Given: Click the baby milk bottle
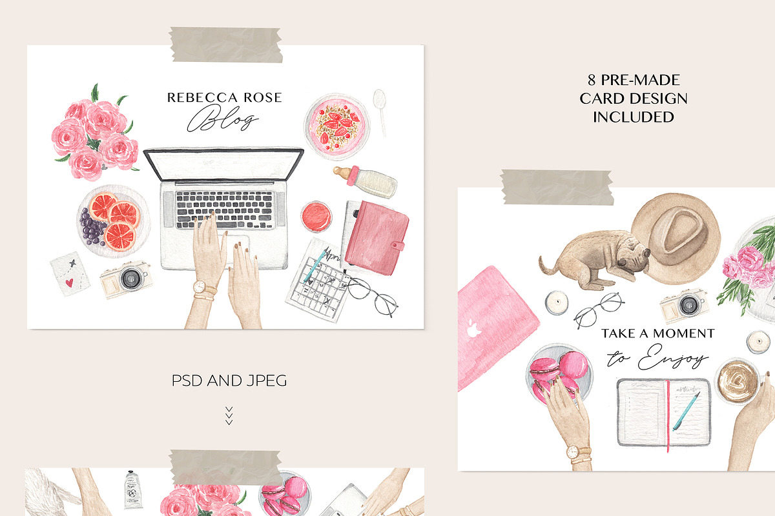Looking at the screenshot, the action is click(x=365, y=181).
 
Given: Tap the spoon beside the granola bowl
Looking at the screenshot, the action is click(x=380, y=112).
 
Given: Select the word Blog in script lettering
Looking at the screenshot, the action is click(x=223, y=118).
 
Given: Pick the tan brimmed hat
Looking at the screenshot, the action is click(x=676, y=239).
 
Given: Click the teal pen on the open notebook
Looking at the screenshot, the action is click(x=686, y=412).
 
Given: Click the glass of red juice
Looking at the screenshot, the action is click(x=316, y=216).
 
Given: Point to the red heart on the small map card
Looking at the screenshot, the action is click(x=70, y=283).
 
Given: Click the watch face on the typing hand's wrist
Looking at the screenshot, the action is click(x=200, y=287).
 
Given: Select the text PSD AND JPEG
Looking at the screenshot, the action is click(x=229, y=381).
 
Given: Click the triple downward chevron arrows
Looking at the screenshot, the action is click(x=229, y=416).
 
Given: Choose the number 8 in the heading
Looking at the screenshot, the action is click(x=592, y=80).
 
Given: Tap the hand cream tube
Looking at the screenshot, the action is click(x=133, y=490).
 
